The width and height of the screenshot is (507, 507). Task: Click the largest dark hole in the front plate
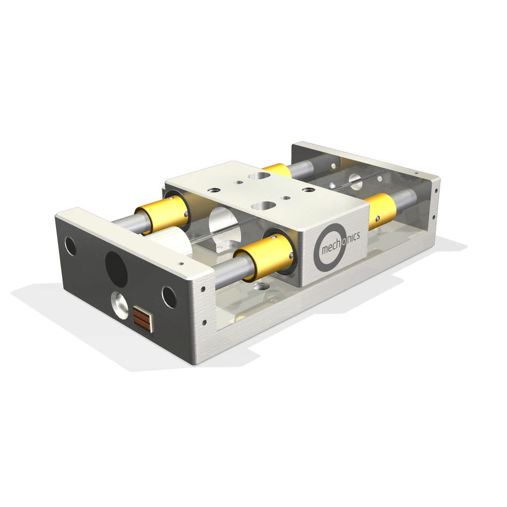click(116, 269)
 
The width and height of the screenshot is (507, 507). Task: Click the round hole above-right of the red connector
click(169, 297)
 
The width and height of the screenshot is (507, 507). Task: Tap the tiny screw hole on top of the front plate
click(181, 264)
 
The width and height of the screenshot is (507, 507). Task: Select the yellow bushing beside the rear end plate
click(380, 210)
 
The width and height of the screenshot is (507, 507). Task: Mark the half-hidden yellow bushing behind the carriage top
click(277, 170)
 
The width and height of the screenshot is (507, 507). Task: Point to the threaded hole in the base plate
click(261, 287)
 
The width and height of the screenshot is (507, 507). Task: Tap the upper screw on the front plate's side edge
click(203, 289)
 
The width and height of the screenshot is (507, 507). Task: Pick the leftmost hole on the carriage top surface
click(215, 190)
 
